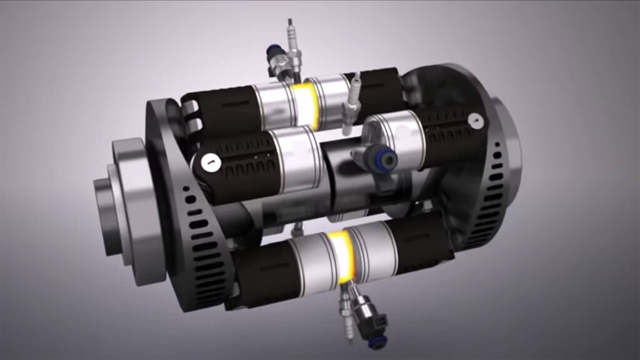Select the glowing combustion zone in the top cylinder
click(x=306, y=100)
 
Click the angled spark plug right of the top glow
click(x=352, y=100)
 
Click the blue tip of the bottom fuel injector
click(x=377, y=341)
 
